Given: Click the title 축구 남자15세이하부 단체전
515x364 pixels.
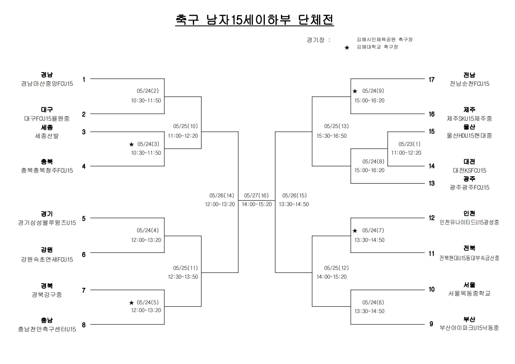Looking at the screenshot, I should click(x=255, y=20).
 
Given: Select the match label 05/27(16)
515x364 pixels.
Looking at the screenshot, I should click(x=257, y=195).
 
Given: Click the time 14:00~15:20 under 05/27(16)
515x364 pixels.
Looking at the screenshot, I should click(x=257, y=204).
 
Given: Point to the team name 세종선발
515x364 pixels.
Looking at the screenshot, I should click(x=47, y=136).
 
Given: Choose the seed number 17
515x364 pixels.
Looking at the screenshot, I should click(x=431, y=79).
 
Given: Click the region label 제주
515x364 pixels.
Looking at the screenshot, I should click(x=469, y=110).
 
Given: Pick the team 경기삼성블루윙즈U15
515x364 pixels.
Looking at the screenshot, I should click(x=47, y=223).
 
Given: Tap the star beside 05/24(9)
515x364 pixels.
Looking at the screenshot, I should click(x=355, y=91).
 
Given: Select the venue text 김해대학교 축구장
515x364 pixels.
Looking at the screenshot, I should click(x=377, y=47).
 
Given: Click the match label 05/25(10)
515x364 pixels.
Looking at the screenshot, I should click(x=185, y=126).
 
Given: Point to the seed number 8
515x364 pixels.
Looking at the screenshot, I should click(x=84, y=325).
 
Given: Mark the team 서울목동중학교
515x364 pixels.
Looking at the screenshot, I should click(x=469, y=293).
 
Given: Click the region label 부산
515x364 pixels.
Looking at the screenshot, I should click(x=469, y=319).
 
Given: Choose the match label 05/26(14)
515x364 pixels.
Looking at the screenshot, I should click(x=222, y=195).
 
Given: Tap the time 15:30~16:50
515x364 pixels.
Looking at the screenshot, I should click(x=332, y=135).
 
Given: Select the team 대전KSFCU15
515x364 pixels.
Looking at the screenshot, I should click(x=469, y=170).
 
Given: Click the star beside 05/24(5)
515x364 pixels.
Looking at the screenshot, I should click(x=132, y=302).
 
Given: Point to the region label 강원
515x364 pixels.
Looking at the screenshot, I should click(x=47, y=250).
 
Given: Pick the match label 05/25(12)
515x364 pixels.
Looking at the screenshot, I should click(x=336, y=268).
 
